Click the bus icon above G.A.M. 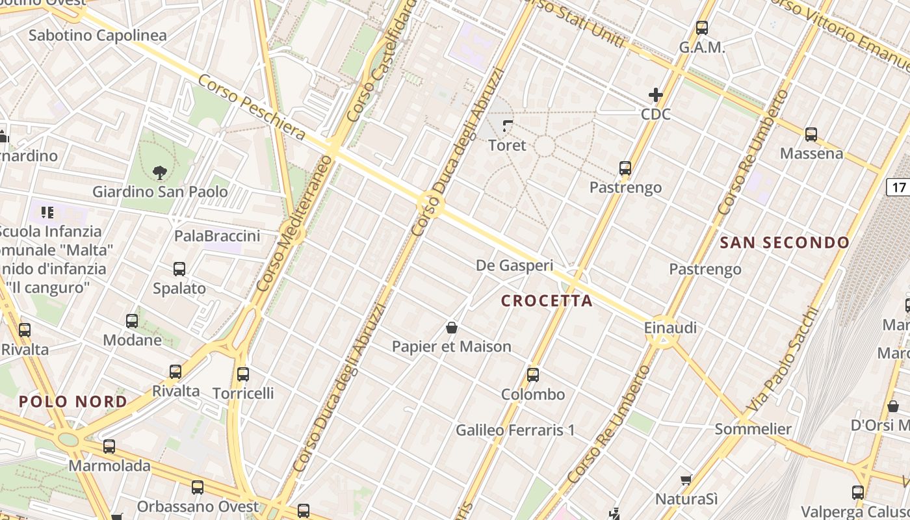click(701, 28)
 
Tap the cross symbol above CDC click(655, 95)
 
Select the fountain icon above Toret click(508, 125)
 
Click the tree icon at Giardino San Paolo click(160, 172)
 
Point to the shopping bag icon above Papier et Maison click(451, 328)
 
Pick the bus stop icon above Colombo click(533, 374)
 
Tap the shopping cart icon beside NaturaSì click(686, 480)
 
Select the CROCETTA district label click(547, 301)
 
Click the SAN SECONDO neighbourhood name click(785, 243)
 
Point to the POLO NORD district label click(73, 402)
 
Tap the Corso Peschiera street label click(251, 107)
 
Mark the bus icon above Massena click(811, 135)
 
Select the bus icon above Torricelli click(243, 374)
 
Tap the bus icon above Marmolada click(109, 447)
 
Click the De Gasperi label click(515, 265)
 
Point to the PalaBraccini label click(217, 236)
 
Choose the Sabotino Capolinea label click(97, 35)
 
